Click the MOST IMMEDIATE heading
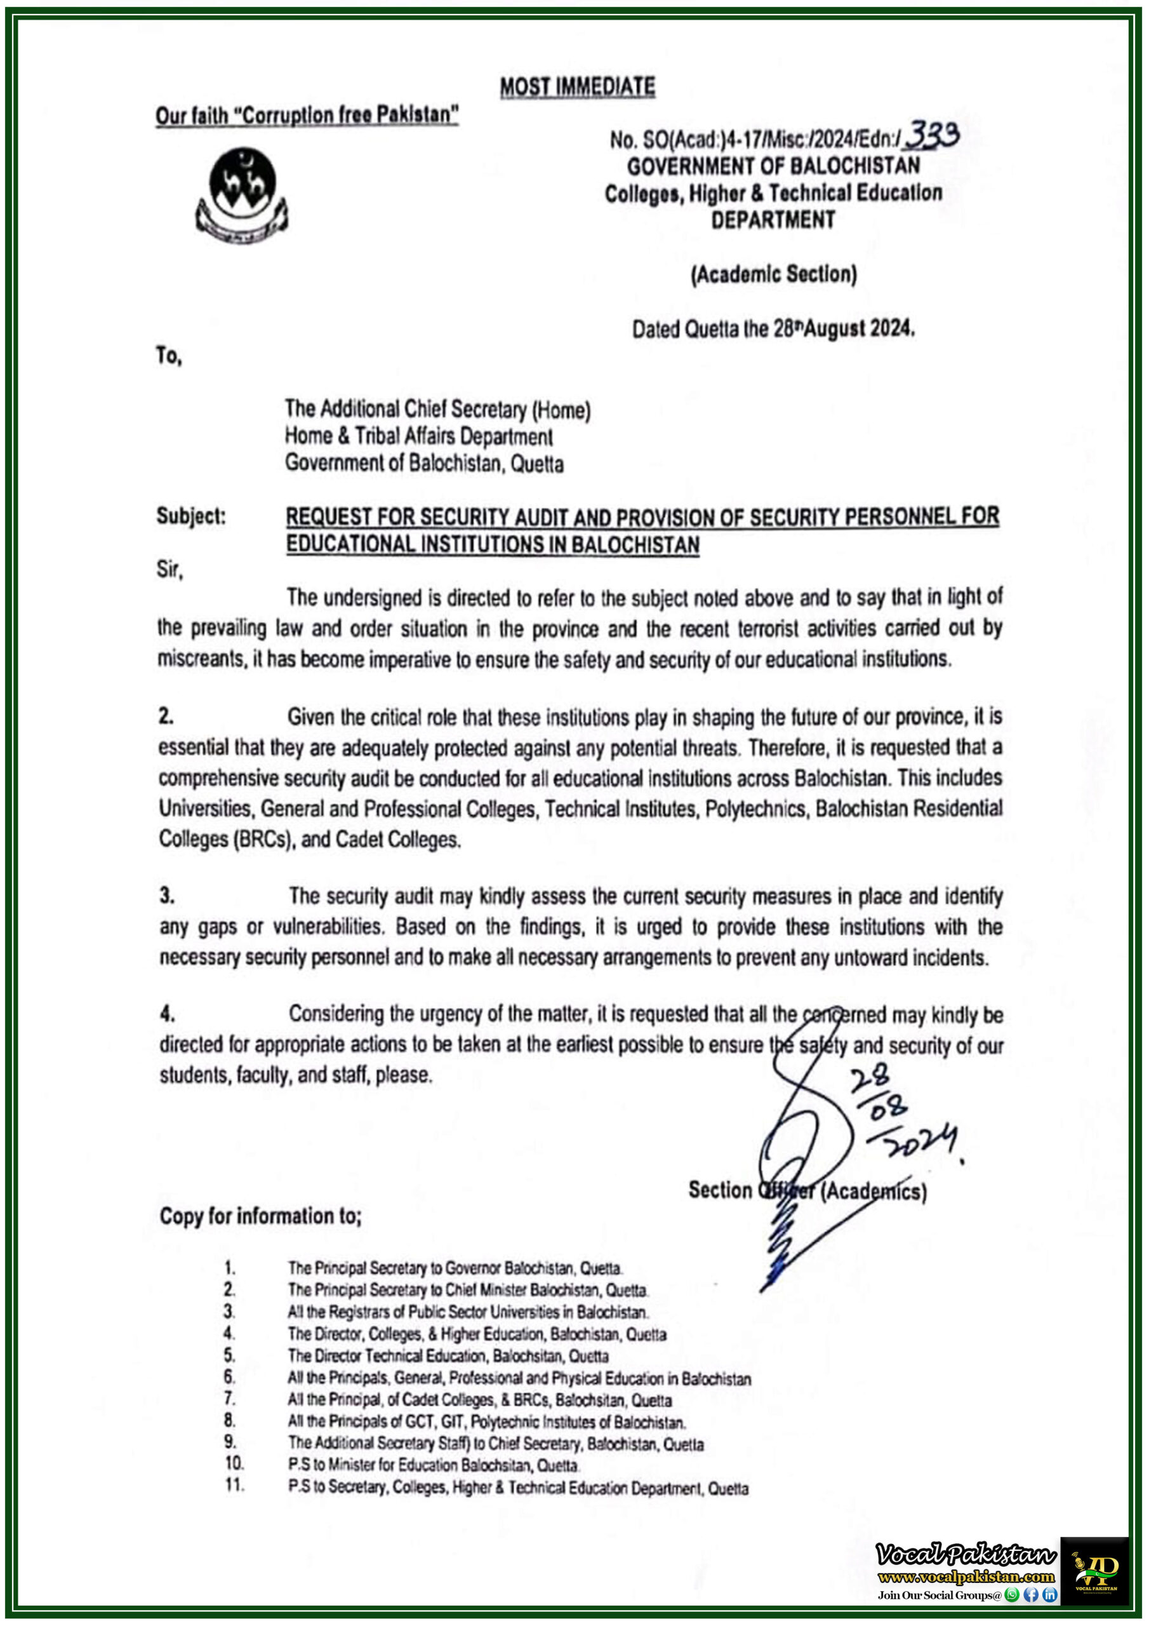coord(577,87)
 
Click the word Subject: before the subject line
coord(191,516)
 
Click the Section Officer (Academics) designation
coord(807,1190)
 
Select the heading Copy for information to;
coord(260,1216)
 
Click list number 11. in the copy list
coord(234,1485)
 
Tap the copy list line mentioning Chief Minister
coord(467,1289)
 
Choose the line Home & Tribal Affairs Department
coord(418,436)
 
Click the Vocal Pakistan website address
coord(966,1576)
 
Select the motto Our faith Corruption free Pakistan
coord(307,115)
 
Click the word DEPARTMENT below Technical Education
coord(773,220)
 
